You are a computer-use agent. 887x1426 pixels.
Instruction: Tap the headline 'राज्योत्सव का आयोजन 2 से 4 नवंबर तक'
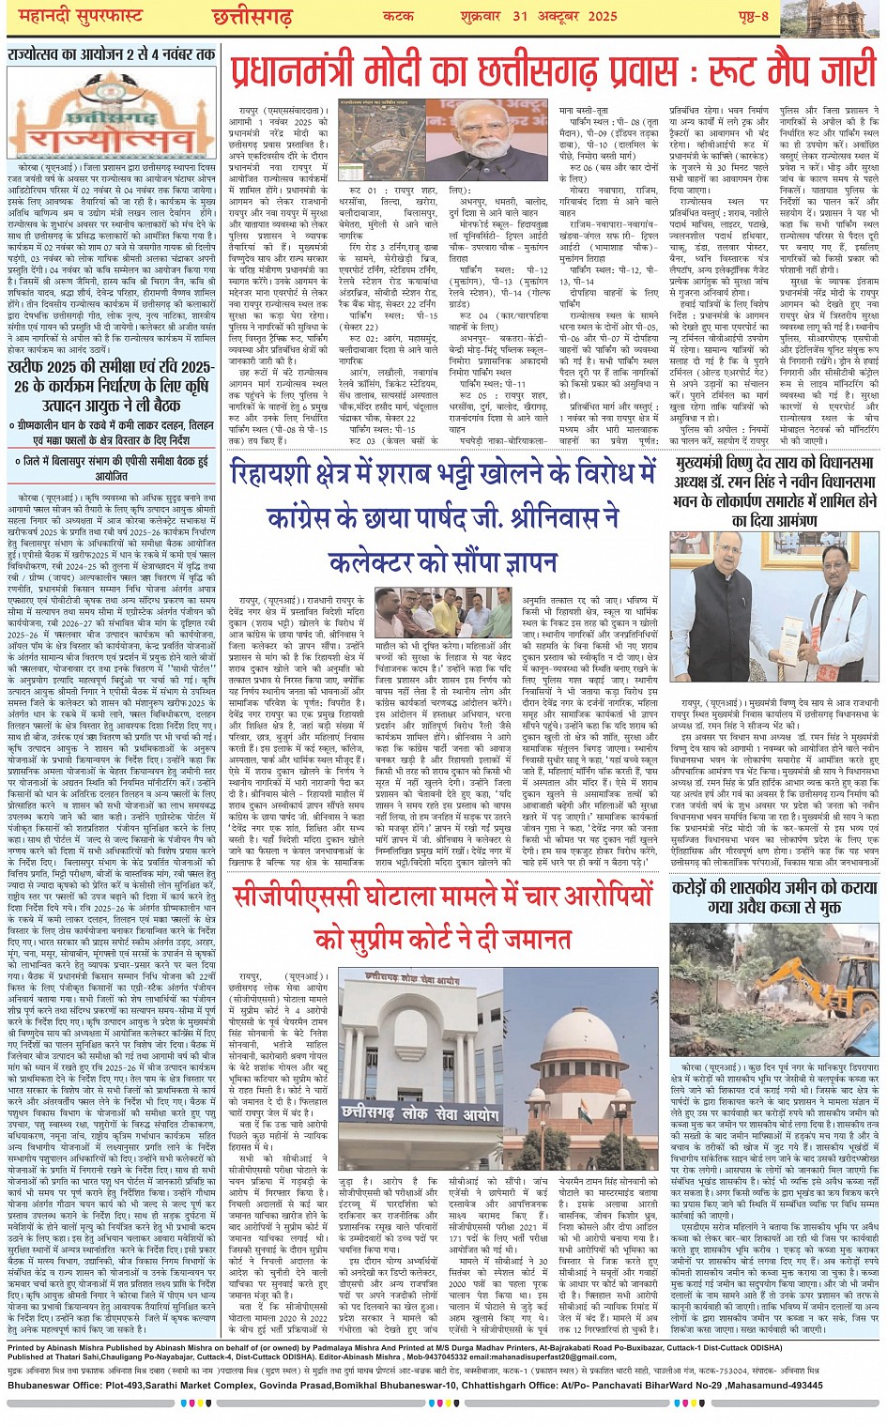coord(111,54)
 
